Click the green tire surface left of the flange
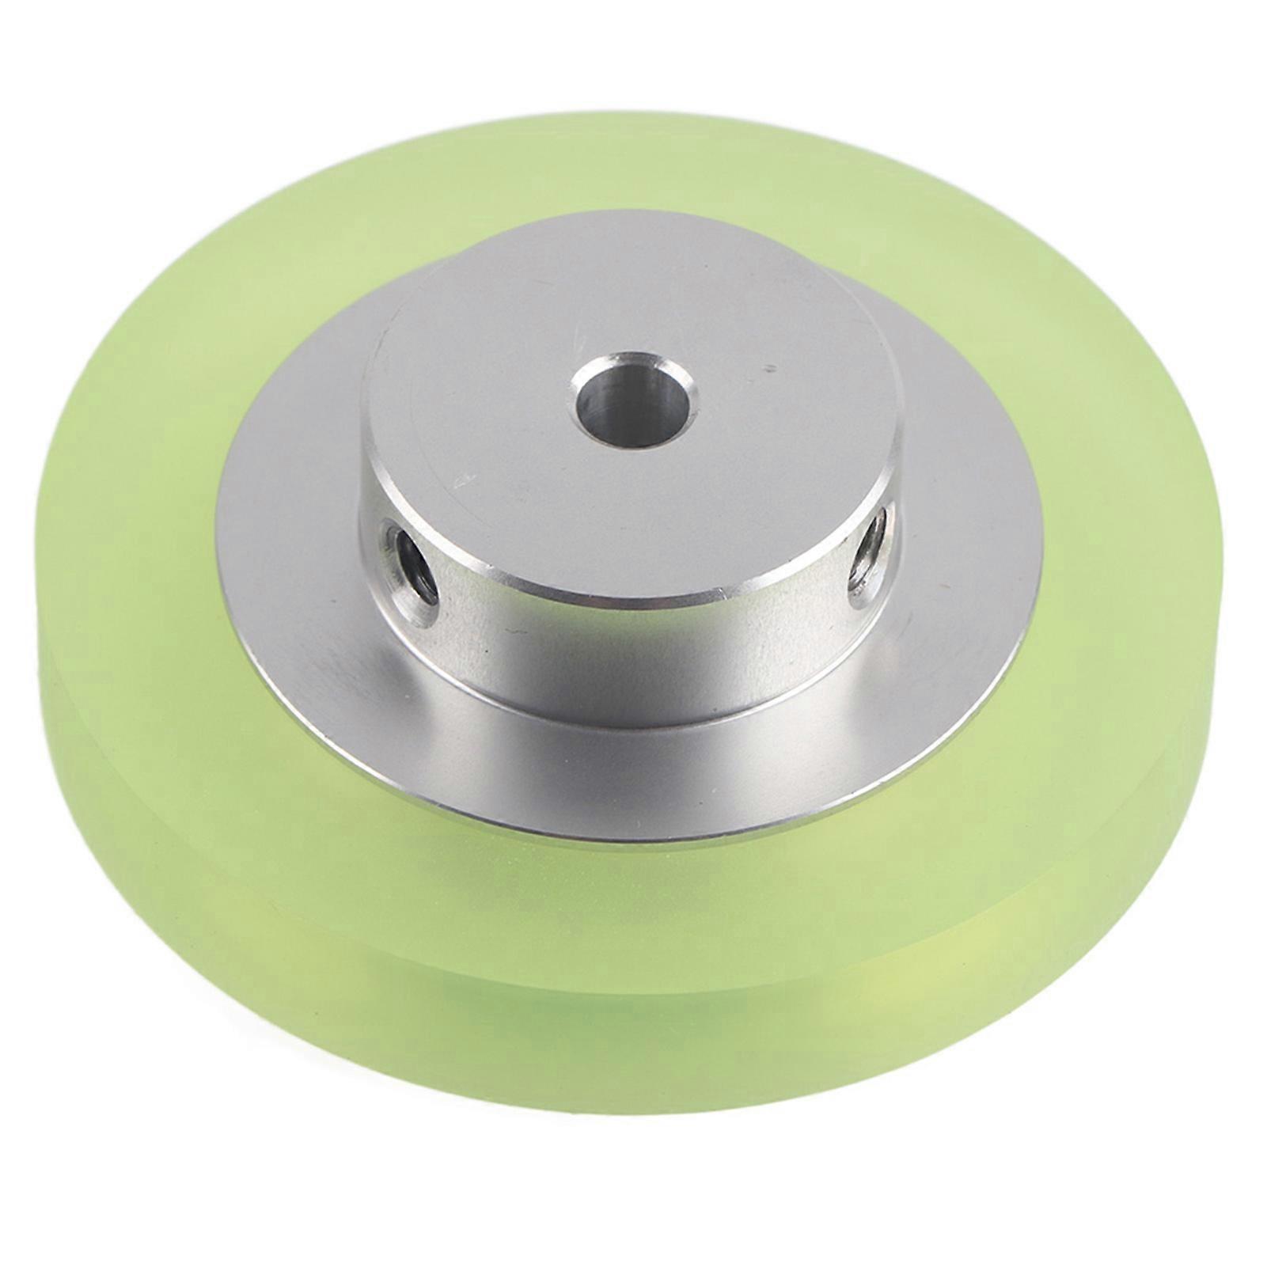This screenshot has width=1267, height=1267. click(135, 554)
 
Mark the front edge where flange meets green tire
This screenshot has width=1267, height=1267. click(633, 835)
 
